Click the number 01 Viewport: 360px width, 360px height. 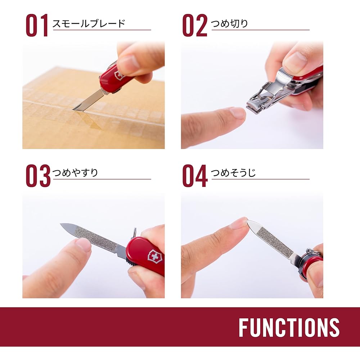pos(37,26)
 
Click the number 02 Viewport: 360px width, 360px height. pos(194,26)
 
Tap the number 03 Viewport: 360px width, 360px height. pos(38,176)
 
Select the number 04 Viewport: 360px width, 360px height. pos(195,176)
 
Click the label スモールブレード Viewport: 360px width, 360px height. pos(89,24)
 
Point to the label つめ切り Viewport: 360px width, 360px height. pos(229,24)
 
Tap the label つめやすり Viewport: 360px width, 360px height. pos(75,173)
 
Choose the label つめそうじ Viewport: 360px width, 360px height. pos(233,173)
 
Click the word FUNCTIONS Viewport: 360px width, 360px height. pos(289,327)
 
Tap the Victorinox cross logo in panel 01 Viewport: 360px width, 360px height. pos(118,76)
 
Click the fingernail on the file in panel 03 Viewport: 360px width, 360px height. pos(84,244)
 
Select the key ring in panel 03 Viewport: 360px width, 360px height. pos(134,232)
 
